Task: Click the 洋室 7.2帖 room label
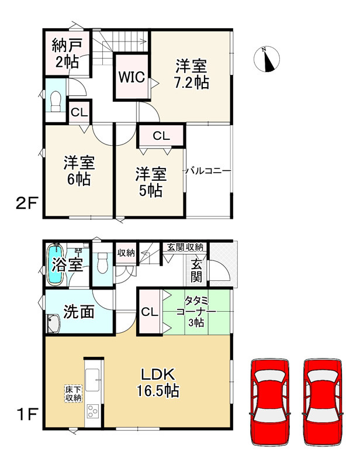pyautogui.click(x=191, y=74)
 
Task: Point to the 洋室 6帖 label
pyautogui.click(x=78, y=171)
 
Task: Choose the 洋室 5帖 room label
pyautogui.click(x=151, y=182)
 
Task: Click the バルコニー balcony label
pyautogui.click(x=208, y=171)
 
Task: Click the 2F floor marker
pyautogui.click(x=26, y=204)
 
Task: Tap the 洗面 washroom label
pyautogui.click(x=79, y=312)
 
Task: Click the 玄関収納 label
pyautogui.click(x=184, y=246)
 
